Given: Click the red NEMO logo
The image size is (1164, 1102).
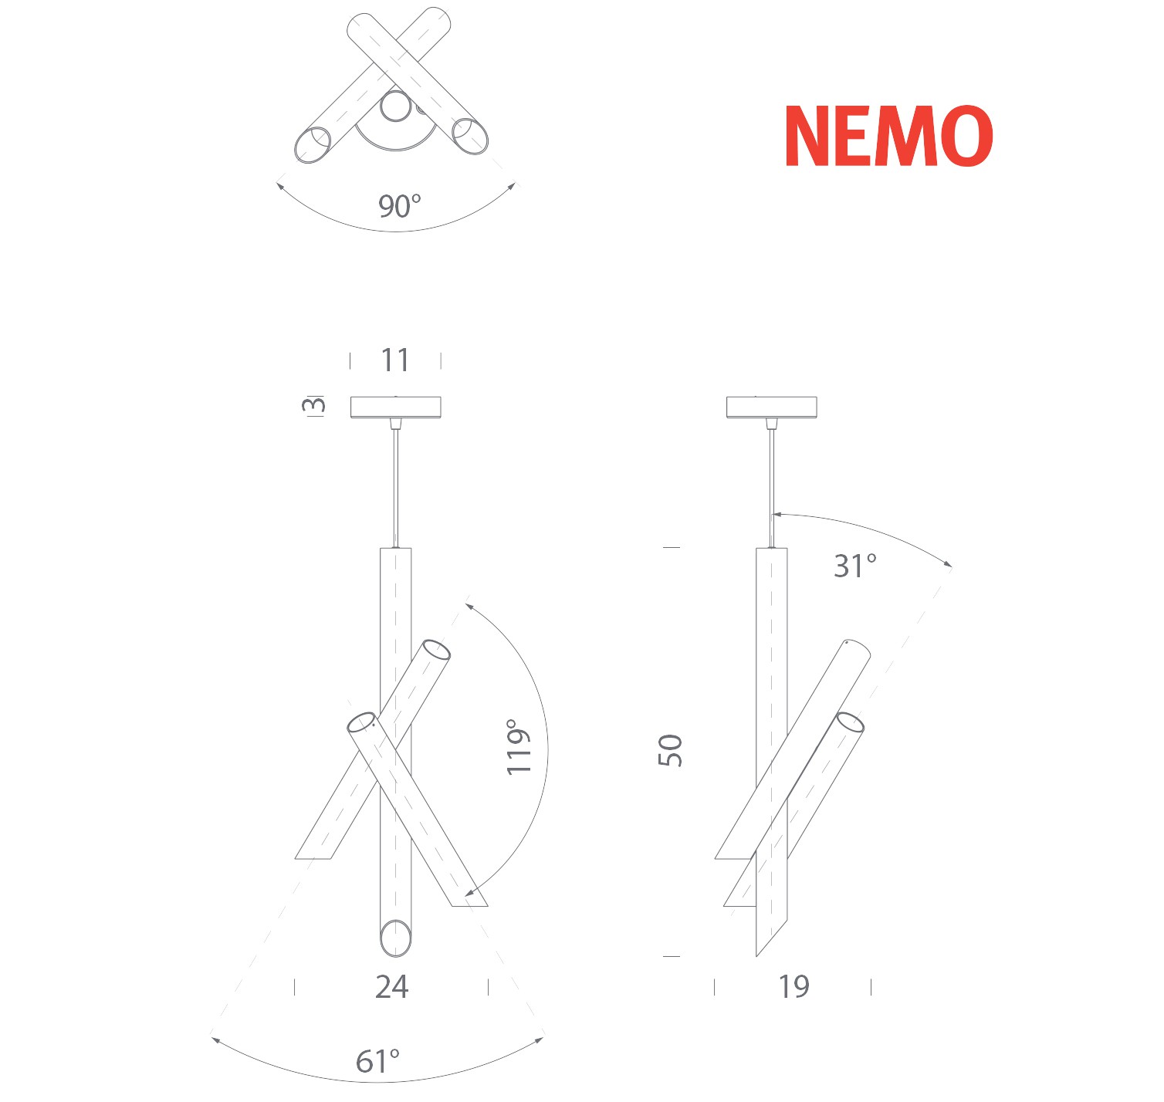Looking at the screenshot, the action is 888,136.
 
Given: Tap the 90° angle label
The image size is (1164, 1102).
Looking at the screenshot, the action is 400,206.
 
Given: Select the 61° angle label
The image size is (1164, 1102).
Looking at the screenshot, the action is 377,1062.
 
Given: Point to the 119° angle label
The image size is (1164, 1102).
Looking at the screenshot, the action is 519,746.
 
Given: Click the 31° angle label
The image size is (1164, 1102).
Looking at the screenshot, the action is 855,566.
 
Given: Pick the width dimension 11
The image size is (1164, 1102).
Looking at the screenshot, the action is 395,360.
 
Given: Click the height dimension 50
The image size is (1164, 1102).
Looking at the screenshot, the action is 670,751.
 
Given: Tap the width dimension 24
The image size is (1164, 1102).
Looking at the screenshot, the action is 391,987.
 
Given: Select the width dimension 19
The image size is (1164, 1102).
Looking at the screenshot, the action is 793,987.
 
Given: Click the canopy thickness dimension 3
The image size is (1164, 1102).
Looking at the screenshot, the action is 313,405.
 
